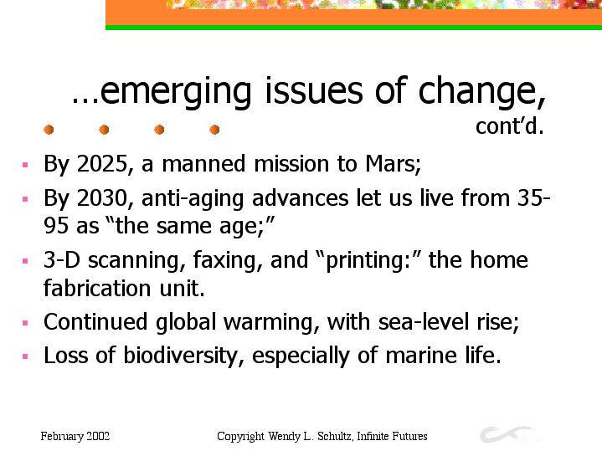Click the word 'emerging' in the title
click(x=175, y=92)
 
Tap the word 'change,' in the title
click(x=481, y=92)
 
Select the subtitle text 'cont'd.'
click(x=509, y=126)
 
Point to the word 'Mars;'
click(x=394, y=164)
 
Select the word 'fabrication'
click(x=97, y=288)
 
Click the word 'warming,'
click(x=271, y=322)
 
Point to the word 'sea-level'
click(x=423, y=321)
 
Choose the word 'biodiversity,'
click(x=183, y=356)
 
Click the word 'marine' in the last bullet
click(x=421, y=355)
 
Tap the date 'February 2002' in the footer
click(x=75, y=437)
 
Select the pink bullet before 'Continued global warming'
click(x=25, y=323)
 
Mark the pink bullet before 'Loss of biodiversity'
click(x=25, y=356)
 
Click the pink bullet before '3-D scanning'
click(x=25, y=261)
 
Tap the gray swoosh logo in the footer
click(x=506, y=433)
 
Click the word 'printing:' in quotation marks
click(x=368, y=261)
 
